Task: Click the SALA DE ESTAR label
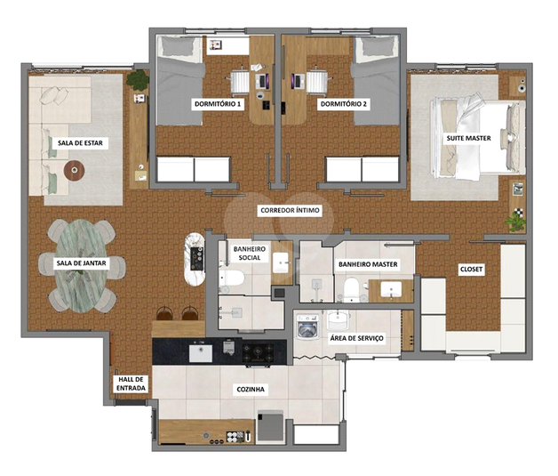[x=80, y=143]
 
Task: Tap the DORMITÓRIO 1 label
[x=218, y=104]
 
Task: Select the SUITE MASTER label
[x=468, y=138]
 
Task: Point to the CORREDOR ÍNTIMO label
[x=290, y=210]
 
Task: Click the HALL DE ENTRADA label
[x=131, y=383]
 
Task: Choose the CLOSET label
[x=471, y=270]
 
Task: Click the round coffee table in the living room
[x=74, y=171]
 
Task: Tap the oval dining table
[x=82, y=266]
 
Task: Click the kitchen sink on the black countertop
[x=200, y=353]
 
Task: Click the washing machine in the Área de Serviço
[x=307, y=326]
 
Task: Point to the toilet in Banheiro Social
[x=231, y=278]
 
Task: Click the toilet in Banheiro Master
[x=351, y=286]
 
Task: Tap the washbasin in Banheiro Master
[x=391, y=289]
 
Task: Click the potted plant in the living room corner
[x=138, y=80]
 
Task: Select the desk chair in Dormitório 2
[x=317, y=82]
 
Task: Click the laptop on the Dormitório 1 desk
[x=263, y=82]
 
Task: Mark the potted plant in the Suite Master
[x=515, y=221]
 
